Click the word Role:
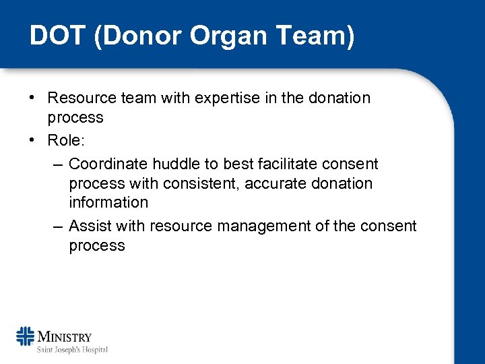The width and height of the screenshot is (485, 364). click(66, 141)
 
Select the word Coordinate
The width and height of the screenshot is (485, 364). click(108, 164)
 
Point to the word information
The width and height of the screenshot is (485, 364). click(108, 202)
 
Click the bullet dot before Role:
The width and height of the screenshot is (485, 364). click(32, 141)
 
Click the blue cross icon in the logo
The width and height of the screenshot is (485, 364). click(26, 336)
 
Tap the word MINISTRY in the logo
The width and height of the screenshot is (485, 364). click(65, 336)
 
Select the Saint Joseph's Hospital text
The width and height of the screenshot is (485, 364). click(72, 349)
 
